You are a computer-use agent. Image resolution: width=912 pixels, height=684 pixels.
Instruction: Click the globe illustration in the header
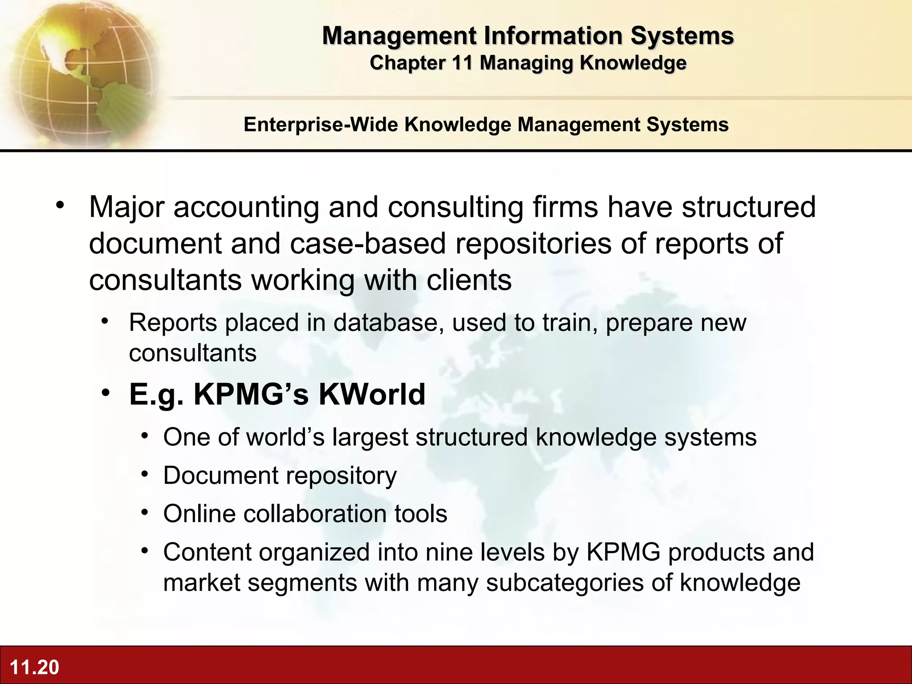82,73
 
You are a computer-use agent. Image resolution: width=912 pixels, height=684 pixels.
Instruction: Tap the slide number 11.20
34,667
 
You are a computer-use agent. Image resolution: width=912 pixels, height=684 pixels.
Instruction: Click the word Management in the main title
399,36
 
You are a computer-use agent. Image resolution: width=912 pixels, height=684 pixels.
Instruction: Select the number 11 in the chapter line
462,63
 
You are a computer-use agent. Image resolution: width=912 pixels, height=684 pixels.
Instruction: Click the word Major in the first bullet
127,207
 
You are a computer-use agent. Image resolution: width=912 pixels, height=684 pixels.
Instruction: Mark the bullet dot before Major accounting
60,206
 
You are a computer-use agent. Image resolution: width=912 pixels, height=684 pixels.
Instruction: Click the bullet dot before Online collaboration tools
144,513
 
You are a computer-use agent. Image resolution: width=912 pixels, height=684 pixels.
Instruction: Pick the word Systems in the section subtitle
688,124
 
